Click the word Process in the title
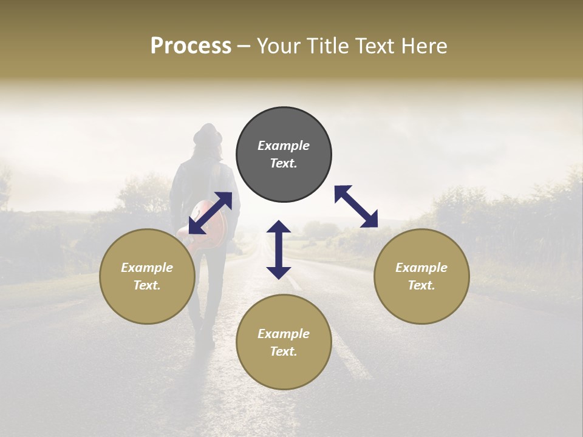(191, 46)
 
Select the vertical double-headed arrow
(279, 249)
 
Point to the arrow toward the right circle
(356, 206)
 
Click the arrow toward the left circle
(210, 213)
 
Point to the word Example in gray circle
(284, 146)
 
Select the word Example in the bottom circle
(284, 334)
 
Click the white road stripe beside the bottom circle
(352, 358)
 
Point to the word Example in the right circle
(421, 268)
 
